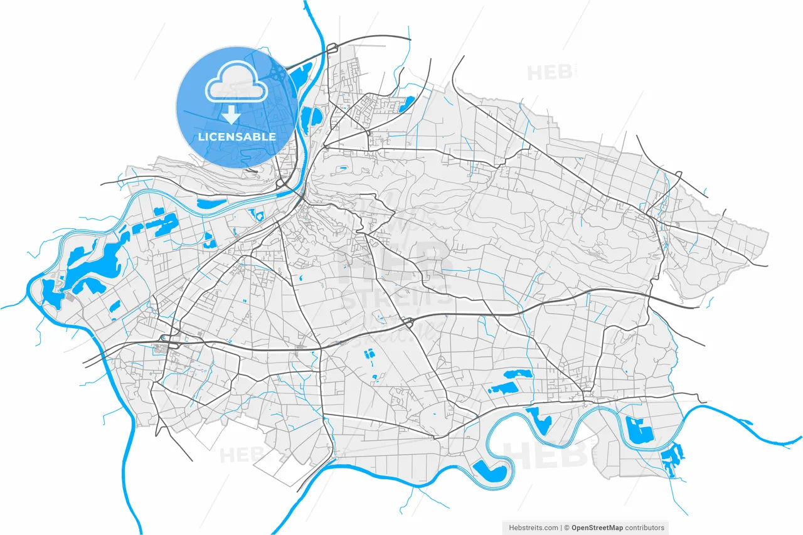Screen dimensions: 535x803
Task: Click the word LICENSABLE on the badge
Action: (x=237, y=136)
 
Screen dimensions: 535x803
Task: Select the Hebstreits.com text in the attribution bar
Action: (x=532, y=528)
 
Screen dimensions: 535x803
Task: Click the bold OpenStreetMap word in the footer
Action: (x=600, y=528)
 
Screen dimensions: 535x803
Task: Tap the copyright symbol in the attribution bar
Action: (x=566, y=528)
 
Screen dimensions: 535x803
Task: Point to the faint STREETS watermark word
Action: (x=395, y=297)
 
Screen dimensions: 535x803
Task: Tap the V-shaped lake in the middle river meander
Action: (x=538, y=418)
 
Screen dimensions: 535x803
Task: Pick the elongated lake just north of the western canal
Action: (x=211, y=203)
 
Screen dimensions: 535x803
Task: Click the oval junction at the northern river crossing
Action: (x=331, y=47)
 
